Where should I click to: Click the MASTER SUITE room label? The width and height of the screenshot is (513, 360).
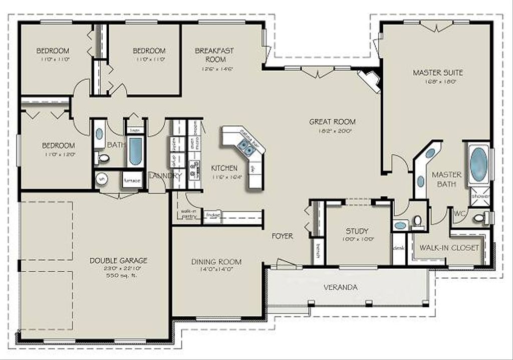click(x=437, y=73)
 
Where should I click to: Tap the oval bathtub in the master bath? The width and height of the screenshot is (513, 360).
click(x=478, y=164)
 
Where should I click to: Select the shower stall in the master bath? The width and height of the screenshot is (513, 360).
click(x=480, y=196)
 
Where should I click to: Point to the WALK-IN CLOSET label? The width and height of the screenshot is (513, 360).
click(x=449, y=248)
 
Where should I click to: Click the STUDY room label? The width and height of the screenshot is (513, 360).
click(x=357, y=231)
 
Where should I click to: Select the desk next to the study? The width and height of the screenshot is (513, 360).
click(x=399, y=248)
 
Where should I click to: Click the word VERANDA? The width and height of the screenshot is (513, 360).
click(x=340, y=287)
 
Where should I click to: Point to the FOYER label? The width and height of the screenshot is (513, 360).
click(x=283, y=236)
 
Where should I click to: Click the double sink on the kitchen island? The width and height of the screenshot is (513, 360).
click(x=245, y=147)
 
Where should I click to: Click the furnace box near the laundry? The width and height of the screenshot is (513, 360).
click(x=132, y=181)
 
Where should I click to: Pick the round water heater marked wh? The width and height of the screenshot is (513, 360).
click(x=102, y=178)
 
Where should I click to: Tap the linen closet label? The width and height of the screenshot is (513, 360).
click(x=135, y=130)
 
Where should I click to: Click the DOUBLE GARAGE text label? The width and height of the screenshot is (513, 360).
click(x=119, y=260)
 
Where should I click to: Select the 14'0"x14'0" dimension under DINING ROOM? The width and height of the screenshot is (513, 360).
click(x=216, y=269)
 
